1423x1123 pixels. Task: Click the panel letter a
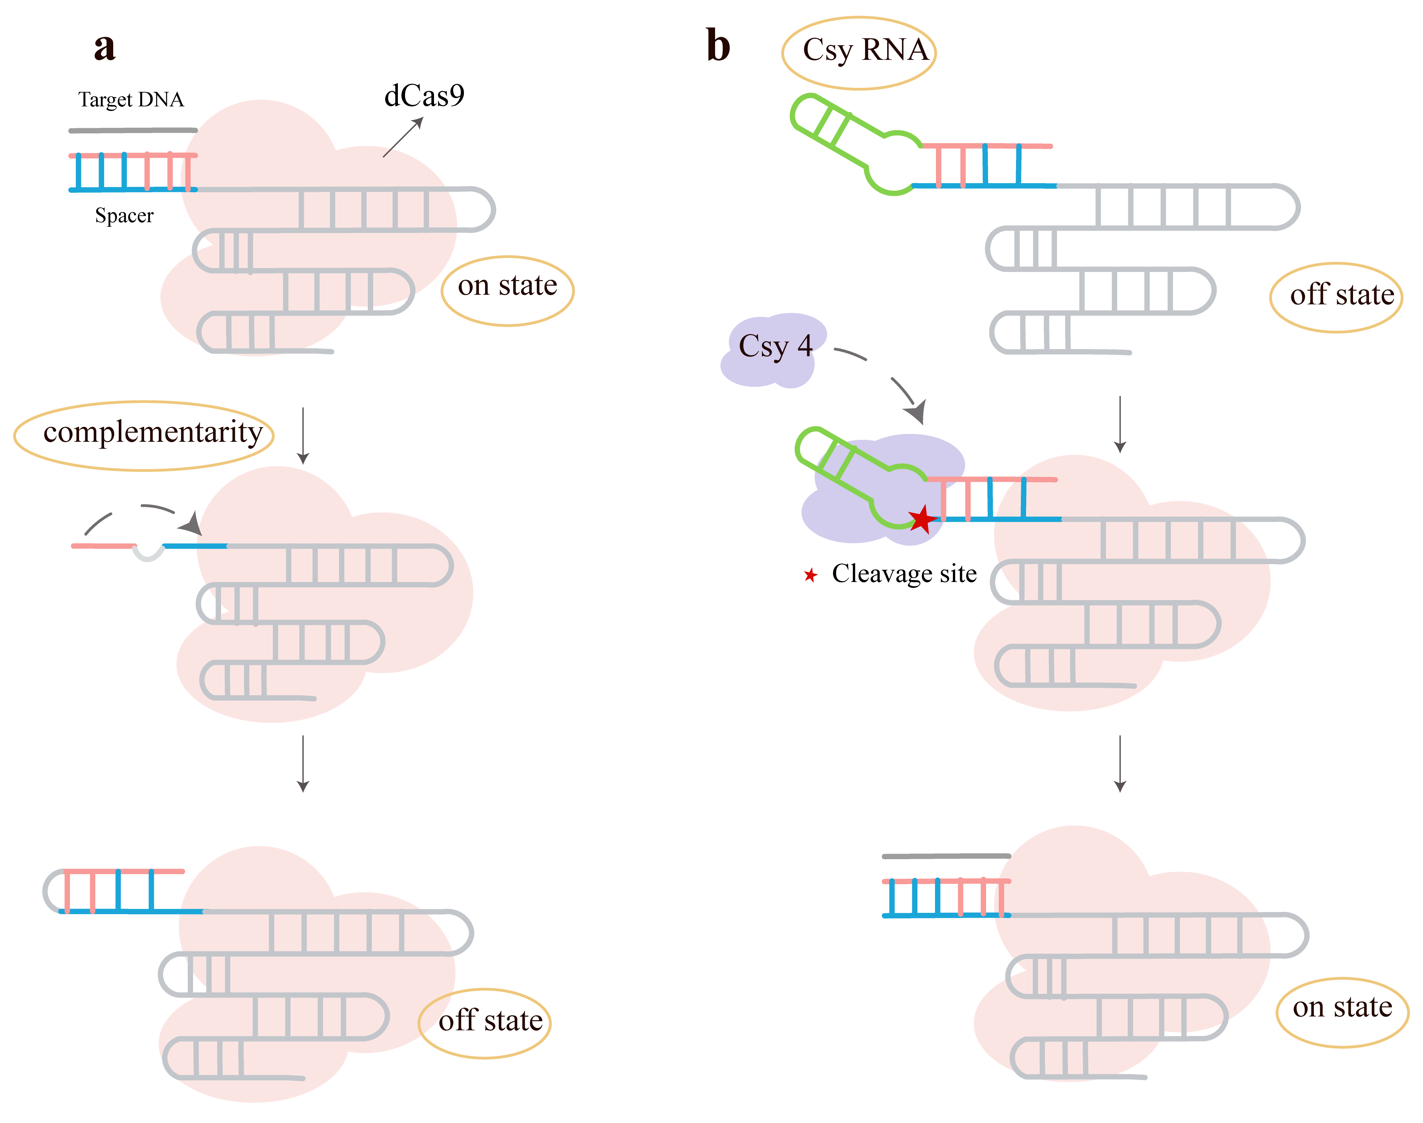click(x=104, y=47)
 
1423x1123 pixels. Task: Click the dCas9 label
click(x=424, y=97)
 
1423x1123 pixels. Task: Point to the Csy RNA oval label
click(x=859, y=53)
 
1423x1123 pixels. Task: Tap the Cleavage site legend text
click(x=904, y=574)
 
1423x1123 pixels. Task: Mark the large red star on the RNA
click(x=923, y=520)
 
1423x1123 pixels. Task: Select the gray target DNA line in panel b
click(x=946, y=856)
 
